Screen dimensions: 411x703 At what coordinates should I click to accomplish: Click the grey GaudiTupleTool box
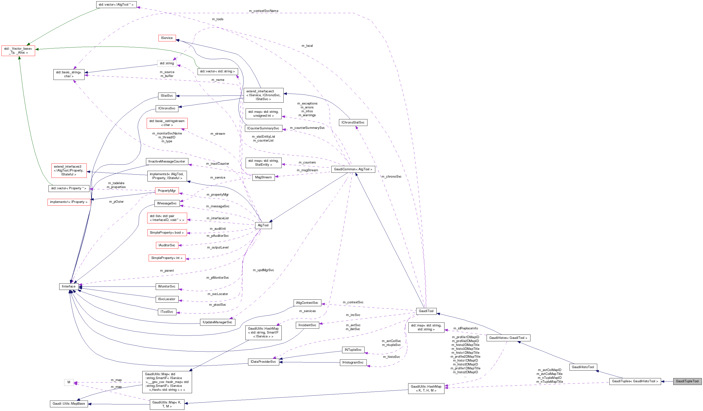(x=687, y=381)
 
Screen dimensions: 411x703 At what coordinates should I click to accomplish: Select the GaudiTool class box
(x=426, y=311)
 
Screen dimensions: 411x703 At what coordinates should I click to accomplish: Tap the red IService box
(x=167, y=38)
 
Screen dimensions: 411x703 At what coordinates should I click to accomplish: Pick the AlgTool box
(x=263, y=225)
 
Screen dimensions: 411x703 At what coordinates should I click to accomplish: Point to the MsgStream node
(x=263, y=177)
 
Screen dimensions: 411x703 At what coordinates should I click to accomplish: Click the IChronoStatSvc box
(x=353, y=122)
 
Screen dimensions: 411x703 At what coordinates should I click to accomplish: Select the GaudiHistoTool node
(x=583, y=367)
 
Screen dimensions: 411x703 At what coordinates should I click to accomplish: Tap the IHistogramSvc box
(x=353, y=363)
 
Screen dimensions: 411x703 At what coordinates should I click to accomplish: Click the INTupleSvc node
(x=353, y=350)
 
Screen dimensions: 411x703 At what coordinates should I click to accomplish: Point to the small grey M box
(x=69, y=382)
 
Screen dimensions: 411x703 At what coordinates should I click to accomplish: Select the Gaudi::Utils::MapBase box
(x=69, y=403)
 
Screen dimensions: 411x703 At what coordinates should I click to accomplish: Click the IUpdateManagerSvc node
(x=217, y=322)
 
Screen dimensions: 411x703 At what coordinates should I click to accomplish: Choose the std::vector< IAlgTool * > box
(x=116, y=4)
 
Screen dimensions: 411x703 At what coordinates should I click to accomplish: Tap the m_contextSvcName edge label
(x=263, y=11)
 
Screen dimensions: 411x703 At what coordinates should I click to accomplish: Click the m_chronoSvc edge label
(x=391, y=176)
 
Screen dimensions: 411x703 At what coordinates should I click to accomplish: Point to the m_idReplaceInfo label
(x=465, y=328)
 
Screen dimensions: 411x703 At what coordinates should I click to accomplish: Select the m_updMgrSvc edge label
(x=263, y=270)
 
